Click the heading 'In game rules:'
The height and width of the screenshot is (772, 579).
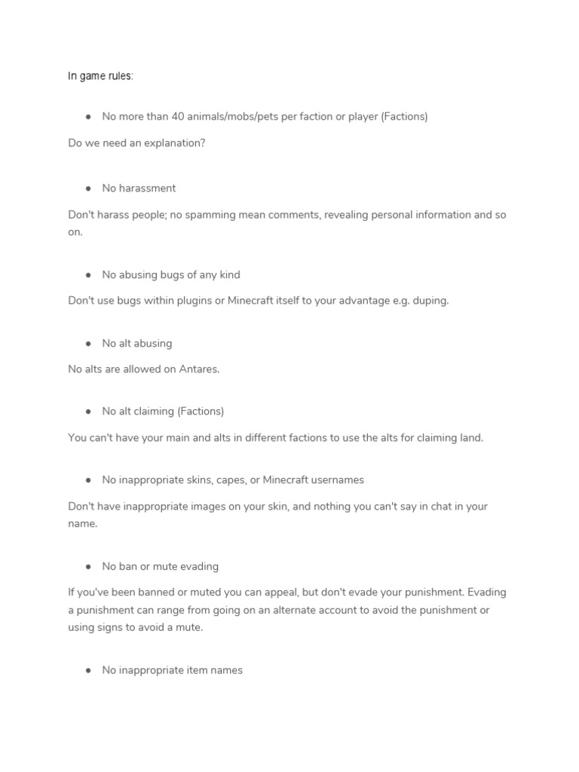[x=100, y=77]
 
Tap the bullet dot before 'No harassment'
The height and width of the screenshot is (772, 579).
[x=88, y=188]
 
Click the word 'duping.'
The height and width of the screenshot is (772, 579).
[x=430, y=301]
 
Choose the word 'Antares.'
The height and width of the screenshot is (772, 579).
[x=198, y=369]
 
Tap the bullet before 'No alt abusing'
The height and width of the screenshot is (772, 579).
[x=88, y=344]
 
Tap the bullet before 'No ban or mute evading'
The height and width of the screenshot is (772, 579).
[x=88, y=567]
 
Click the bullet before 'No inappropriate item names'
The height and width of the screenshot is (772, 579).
[x=88, y=670]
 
